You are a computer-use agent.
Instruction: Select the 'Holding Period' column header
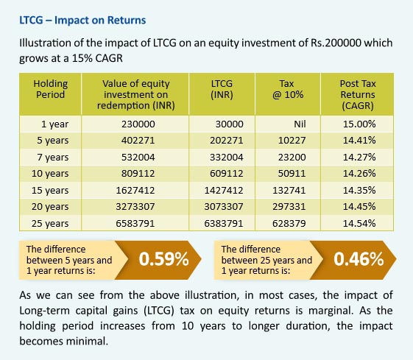pyautogui.click(x=50, y=89)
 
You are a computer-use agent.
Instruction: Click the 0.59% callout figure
pyautogui.click(x=164, y=259)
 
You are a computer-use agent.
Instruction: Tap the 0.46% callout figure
pyautogui.click(x=359, y=259)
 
